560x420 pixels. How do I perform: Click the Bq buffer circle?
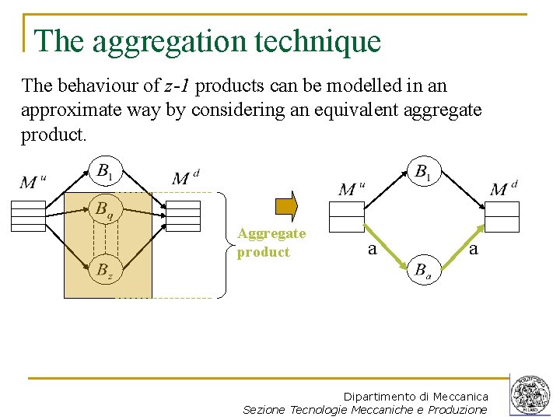tap(103, 208)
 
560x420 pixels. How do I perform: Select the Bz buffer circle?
tap(103, 271)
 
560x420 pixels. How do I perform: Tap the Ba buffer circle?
tap(423, 270)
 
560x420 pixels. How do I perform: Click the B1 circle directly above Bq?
tap(103, 171)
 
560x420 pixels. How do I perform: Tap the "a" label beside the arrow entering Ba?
tap(372, 249)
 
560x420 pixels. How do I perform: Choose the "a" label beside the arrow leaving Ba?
tap(474, 249)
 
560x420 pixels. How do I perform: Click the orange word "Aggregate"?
tap(271, 233)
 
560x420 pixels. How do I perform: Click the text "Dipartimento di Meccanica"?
tap(416, 397)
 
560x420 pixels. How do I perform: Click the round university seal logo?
tap(530, 395)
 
